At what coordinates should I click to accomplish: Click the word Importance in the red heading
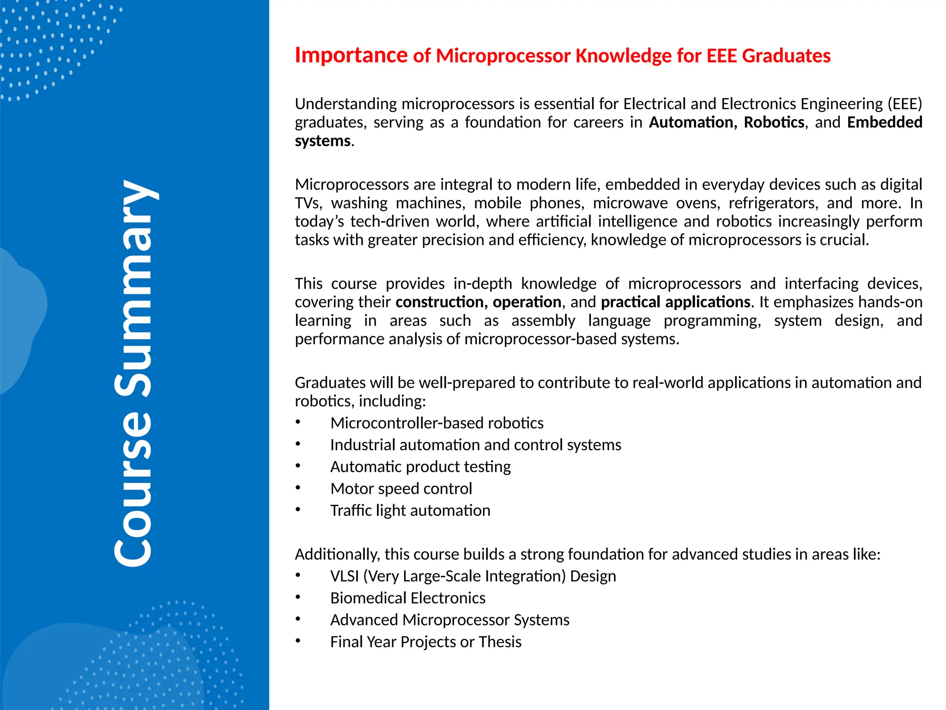(351, 55)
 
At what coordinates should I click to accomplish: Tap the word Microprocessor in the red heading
(503, 56)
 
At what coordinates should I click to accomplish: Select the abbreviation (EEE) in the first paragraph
(904, 104)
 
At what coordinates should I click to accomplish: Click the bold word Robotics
(774, 122)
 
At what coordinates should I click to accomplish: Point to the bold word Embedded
(885, 122)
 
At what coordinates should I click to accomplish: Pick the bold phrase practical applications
(676, 302)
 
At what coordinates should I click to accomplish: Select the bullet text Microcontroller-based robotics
(437, 423)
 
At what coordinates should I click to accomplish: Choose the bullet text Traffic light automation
(410, 511)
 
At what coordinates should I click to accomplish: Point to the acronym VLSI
(345, 576)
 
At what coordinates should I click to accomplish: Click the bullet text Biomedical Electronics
(408, 598)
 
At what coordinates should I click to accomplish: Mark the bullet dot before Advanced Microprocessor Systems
(298, 618)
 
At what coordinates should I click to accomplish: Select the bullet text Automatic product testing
(420, 467)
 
